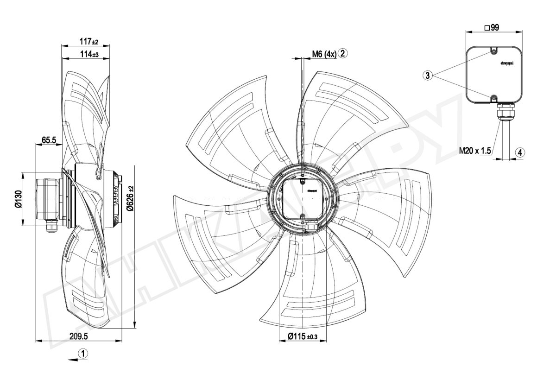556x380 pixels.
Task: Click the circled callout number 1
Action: click(83, 354)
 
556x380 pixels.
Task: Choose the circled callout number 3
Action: click(428, 75)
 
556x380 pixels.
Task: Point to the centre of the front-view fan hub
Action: click(302, 198)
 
